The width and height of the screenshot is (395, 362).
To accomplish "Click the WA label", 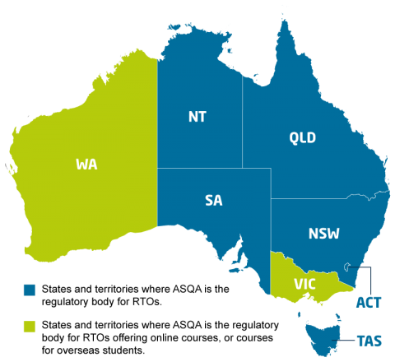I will (x=86, y=165).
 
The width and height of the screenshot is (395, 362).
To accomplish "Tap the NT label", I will (x=197, y=117).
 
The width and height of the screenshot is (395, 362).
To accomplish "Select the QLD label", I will (x=302, y=137).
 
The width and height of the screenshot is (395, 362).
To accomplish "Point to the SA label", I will (x=214, y=200).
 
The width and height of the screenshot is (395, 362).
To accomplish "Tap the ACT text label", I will (x=368, y=303).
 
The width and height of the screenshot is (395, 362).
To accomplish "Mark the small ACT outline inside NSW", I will (x=351, y=266).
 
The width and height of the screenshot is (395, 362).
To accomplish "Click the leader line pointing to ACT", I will (x=371, y=280).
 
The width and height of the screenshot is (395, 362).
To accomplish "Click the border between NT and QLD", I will (x=242, y=123).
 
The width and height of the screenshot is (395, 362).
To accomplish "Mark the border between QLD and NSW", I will (x=321, y=198).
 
